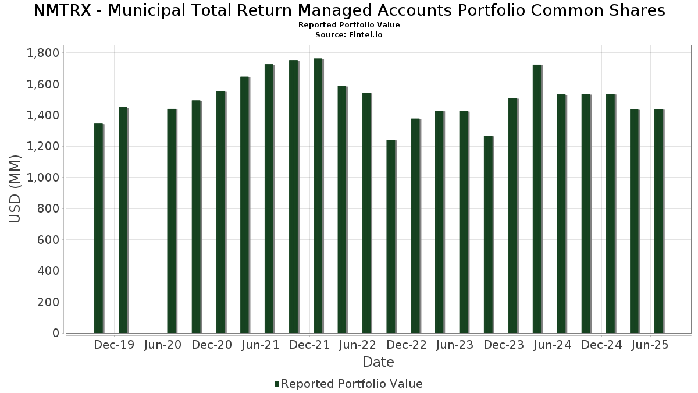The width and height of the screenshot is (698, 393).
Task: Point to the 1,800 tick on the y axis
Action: (43, 53)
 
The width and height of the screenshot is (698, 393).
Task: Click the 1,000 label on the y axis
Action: (43, 178)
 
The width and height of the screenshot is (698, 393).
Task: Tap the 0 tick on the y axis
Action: (56, 333)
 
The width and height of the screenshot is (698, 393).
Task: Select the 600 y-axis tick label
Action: (48, 240)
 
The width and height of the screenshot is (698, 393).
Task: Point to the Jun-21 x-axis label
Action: (261, 345)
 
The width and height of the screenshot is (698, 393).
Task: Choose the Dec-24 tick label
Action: (601, 345)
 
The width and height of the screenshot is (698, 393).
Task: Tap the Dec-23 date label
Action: (504, 345)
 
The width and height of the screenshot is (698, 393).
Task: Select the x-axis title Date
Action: (378, 362)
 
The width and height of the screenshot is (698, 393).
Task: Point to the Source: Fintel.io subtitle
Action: (349, 35)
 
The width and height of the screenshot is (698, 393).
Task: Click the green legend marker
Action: (277, 384)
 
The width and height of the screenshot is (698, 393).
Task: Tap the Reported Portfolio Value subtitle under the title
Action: (349, 25)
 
